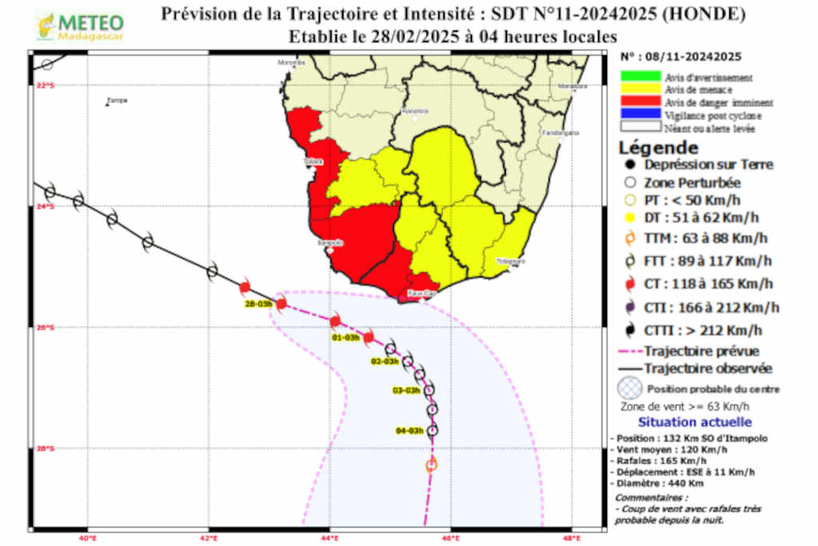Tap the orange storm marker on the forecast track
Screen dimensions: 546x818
click(x=432, y=464)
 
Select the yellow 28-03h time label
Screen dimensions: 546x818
click(x=259, y=304)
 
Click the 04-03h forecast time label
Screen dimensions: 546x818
click(x=409, y=431)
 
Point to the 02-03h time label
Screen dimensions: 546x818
click(x=385, y=362)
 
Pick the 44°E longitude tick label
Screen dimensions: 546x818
click(x=330, y=538)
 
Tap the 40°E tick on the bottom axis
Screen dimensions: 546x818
click(x=88, y=538)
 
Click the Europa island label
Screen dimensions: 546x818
click(x=117, y=101)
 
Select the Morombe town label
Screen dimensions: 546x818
click(x=292, y=62)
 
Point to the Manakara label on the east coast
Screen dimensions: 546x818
click(x=570, y=86)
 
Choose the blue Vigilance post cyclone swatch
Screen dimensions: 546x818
click(x=640, y=114)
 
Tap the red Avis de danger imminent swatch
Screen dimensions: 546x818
click(x=640, y=102)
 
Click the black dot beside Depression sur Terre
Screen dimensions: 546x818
click(x=630, y=165)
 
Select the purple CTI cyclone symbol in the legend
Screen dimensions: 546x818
click(x=630, y=308)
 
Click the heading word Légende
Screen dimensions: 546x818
click(x=658, y=148)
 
